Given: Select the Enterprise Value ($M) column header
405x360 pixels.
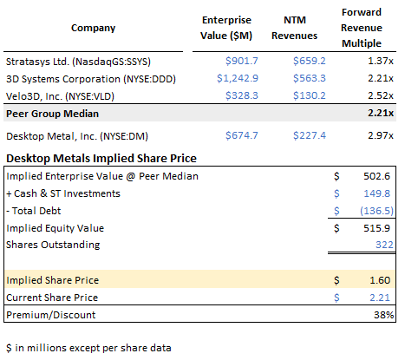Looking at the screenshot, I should [228, 27].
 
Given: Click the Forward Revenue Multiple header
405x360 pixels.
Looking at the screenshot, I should [364, 27].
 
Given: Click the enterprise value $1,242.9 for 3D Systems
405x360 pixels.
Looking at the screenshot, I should [232, 77].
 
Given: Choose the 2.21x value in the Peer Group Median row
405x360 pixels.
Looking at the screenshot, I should [379, 115].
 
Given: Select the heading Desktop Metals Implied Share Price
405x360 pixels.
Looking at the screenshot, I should [101, 158].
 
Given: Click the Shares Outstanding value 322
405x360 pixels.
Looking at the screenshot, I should [383, 245].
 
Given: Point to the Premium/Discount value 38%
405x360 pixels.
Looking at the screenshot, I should [382, 314].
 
